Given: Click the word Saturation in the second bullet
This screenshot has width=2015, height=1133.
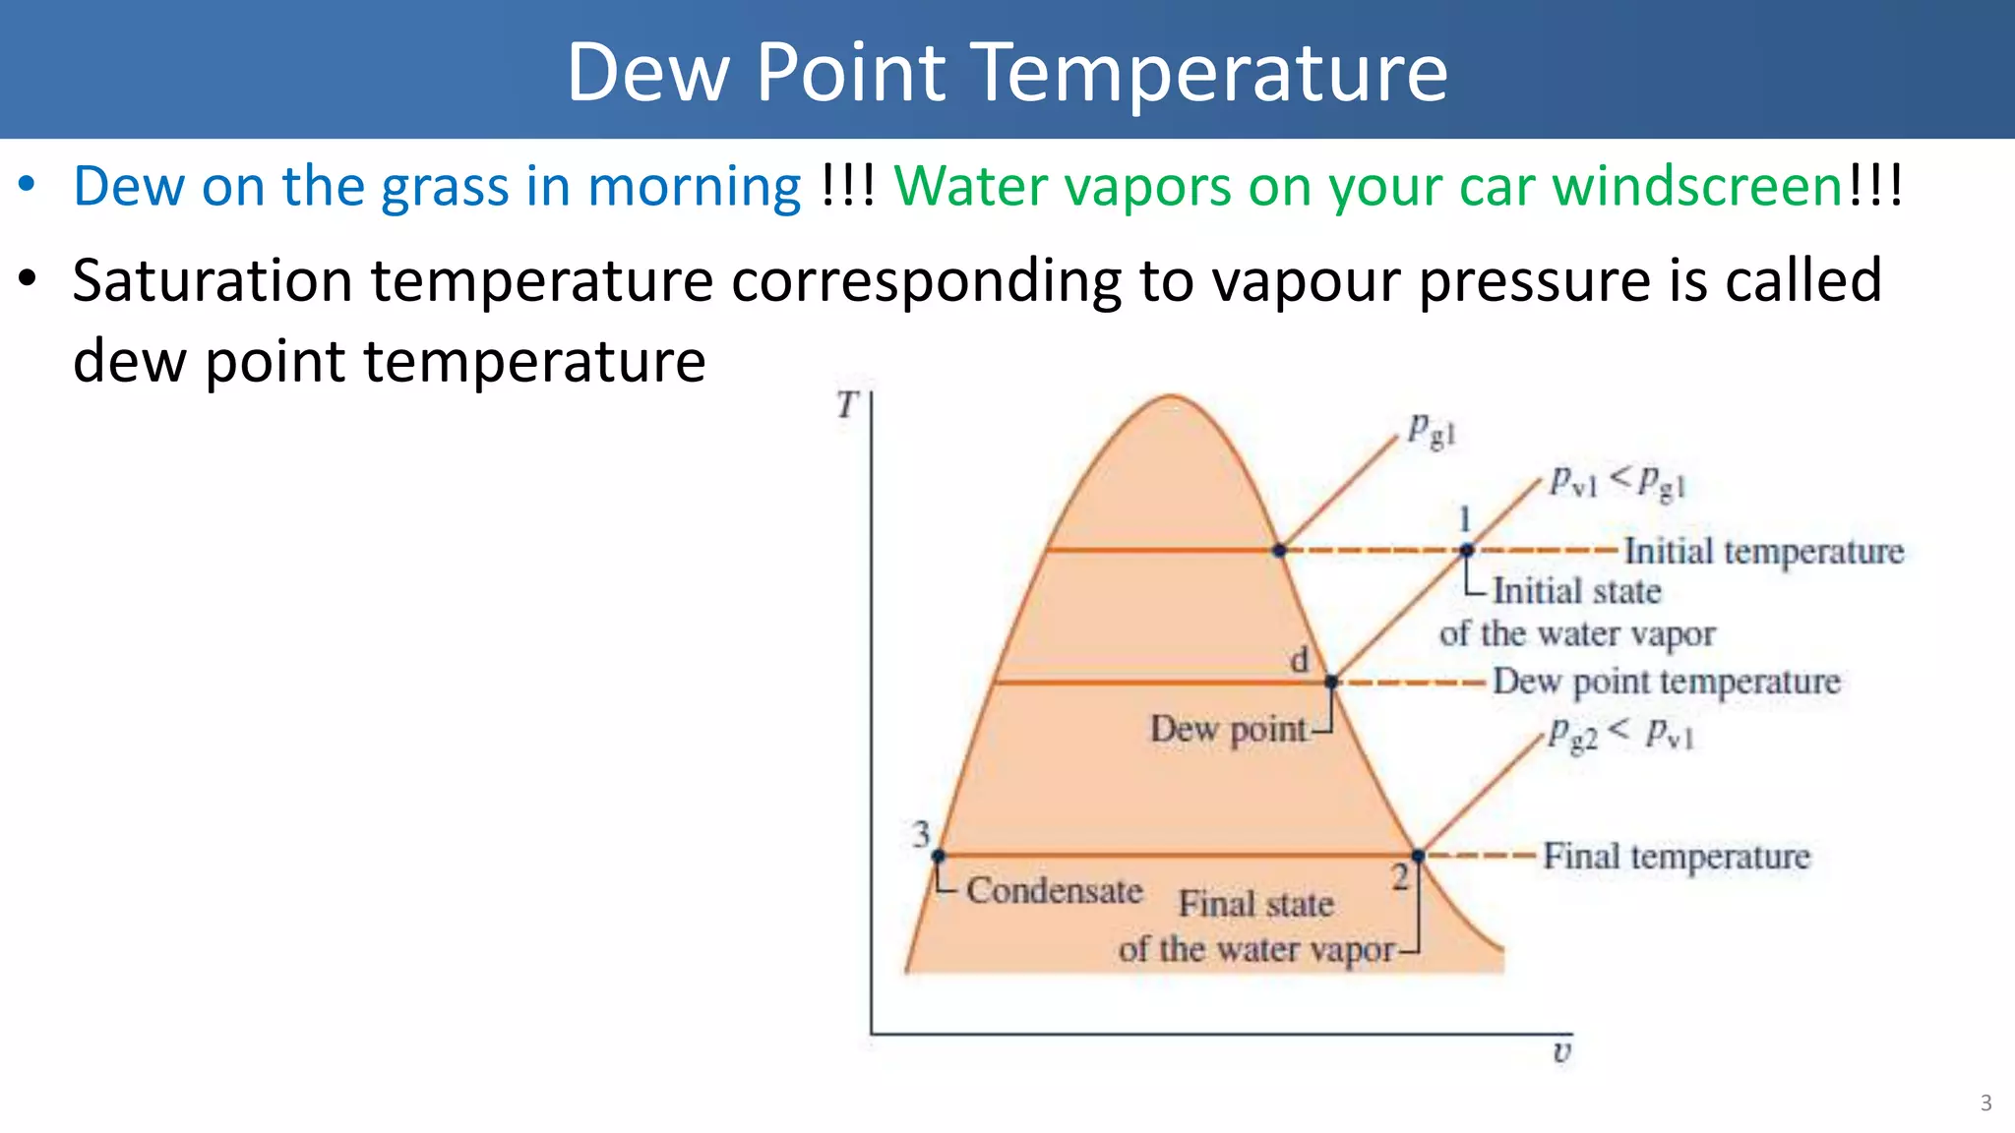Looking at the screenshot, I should click(213, 280).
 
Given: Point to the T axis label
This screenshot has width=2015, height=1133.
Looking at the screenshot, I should click(847, 404).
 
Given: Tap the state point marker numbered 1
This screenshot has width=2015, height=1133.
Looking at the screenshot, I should click(1466, 551).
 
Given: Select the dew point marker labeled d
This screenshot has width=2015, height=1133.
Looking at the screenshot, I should click(1331, 682).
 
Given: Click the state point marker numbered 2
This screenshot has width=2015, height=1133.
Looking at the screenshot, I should click(1418, 856).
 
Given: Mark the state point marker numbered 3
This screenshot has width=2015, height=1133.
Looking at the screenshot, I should click(939, 856).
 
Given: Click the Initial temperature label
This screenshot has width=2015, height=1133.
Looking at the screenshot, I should click(1763, 551).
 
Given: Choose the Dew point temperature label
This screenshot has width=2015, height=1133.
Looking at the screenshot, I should click(1666, 681).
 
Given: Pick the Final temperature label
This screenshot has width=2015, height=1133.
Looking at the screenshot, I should click(1676, 856).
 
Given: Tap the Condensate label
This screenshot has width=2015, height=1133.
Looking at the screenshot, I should click(1054, 890).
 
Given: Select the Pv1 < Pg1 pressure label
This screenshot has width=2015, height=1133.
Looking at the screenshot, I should click(1618, 482).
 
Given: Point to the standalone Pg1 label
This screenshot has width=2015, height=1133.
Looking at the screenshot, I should click(1430, 430).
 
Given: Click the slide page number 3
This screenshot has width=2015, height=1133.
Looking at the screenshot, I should click(1985, 1103).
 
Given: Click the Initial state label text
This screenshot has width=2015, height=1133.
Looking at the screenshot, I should click(1576, 591).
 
